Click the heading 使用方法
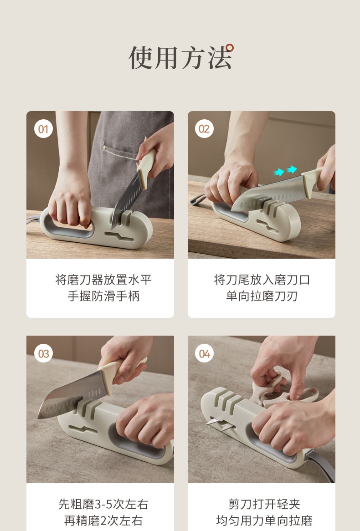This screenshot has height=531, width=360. (180, 57)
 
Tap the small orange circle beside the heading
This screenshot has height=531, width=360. (230, 47)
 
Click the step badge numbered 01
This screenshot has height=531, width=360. (43, 129)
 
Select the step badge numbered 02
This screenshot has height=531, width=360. (204, 129)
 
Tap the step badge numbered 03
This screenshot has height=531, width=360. (43, 353)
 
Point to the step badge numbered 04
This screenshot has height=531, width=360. (204, 353)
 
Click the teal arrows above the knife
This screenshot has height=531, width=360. (285, 171)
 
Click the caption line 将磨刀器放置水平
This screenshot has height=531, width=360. (103, 279)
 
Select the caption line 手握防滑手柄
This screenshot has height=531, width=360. (103, 296)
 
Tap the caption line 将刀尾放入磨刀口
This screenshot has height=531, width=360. (262, 279)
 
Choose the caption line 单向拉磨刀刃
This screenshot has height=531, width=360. (262, 296)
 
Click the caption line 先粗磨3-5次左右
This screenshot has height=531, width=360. (103, 504)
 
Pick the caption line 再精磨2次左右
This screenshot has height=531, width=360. (103, 521)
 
